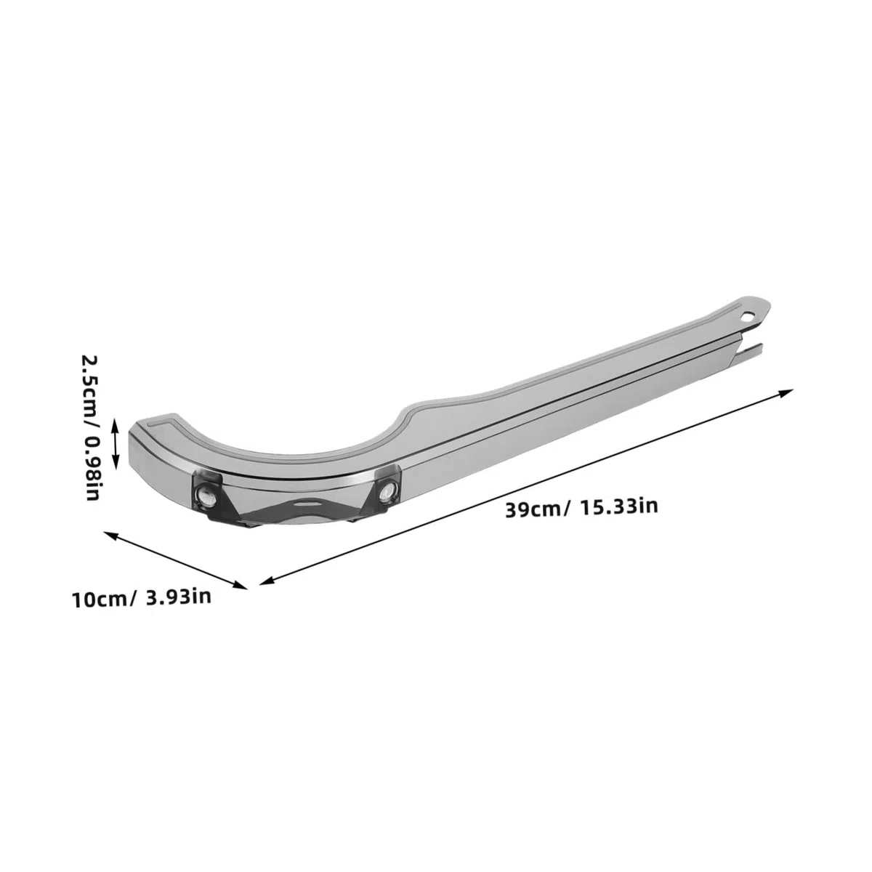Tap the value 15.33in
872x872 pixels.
(x=618, y=506)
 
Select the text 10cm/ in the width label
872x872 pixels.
(x=103, y=600)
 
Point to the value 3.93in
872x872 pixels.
(x=179, y=597)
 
